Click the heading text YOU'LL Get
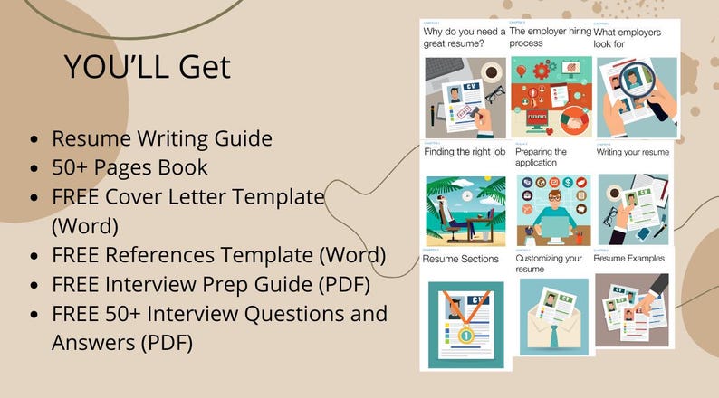(147, 67)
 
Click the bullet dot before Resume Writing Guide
(34, 140)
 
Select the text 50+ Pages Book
(129, 167)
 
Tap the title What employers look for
(628, 37)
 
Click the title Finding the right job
(464, 152)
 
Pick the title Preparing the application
(542, 157)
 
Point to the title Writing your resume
(632, 152)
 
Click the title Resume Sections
(460, 259)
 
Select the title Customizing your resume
(549, 263)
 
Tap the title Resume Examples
(628, 258)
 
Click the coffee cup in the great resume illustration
(492, 71)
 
